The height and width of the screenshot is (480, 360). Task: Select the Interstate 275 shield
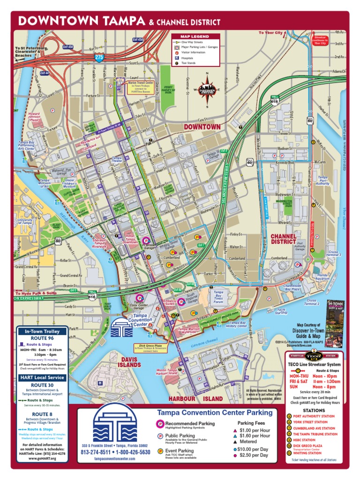tap(99, 57)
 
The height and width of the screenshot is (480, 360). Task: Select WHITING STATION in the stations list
tap(307, 453)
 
